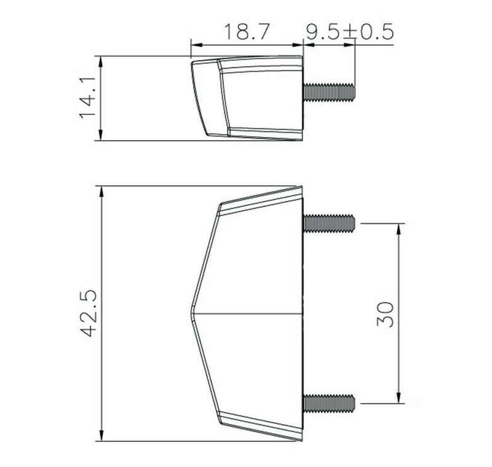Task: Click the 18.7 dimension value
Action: pyautogui.click(x=247, y=31)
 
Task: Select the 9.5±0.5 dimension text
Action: pyautogui.click(x=350, y=31)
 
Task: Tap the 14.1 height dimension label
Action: pyautogui.click(x=87, y=98)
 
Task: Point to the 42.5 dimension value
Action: pyautogui.click(x=89, y=313)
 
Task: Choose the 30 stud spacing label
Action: pyautogui.click(x=385, y=315)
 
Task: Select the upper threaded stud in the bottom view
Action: pyautogui.click(x=329, y=223)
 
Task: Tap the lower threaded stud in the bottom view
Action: pyautogui.click(x=329, y=403)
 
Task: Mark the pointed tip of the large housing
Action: pyautogui.click(x=191, y=313)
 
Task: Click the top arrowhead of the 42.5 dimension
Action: pyautogui.click(x=101, y=191)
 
